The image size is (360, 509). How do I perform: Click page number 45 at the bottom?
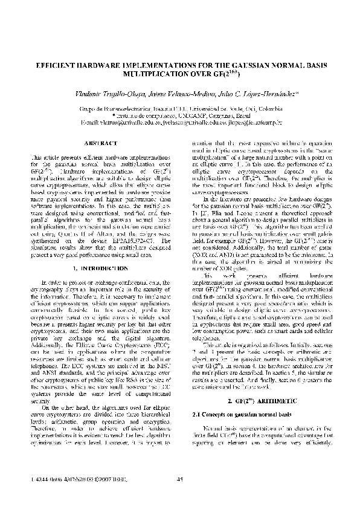coord(179,480)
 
